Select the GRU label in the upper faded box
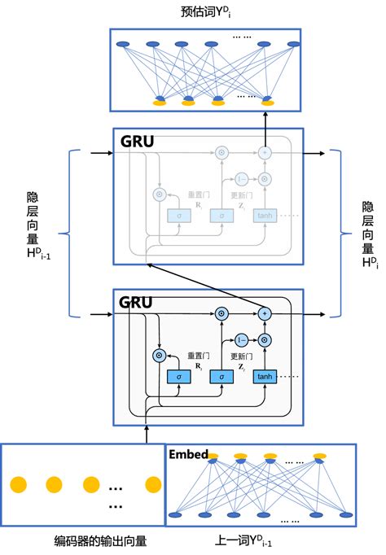coord(138,140)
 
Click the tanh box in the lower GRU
coord(265,377)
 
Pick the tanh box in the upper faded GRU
coord(265,215)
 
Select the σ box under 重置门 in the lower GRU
coord(178,377)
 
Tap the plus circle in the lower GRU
coord(265,313)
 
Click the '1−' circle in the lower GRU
coord(241,340)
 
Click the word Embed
coord(188,453)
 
